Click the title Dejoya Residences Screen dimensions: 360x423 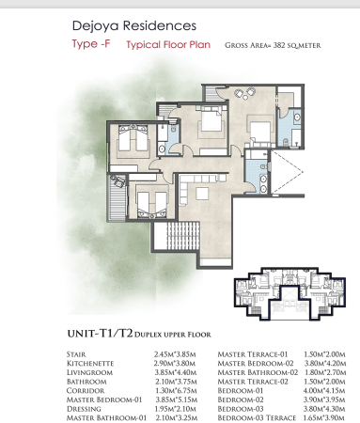click(134, 25)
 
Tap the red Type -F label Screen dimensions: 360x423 click(91, 44)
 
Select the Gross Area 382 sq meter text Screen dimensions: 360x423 click(273, 45)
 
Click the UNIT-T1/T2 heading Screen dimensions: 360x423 click(100, 334)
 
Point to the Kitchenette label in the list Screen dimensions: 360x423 click(90, 364)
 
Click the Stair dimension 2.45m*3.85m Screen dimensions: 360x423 click(175, 354)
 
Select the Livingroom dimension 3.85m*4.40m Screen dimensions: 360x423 click(176, 372)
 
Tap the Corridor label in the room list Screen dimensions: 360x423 click(86, 391)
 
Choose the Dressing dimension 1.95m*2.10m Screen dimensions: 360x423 click(176, 409)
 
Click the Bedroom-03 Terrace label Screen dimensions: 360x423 click(257, 418)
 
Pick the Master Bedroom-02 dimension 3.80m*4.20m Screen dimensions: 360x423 click(325, 364)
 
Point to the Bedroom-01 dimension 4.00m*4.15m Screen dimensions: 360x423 click(324, 391)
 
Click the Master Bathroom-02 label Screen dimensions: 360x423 click(258, 372)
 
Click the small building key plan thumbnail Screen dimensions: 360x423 click(290, 294)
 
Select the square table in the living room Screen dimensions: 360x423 click(202, 194)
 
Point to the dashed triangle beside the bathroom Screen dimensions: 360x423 click(287, 172)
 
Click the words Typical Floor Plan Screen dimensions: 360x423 click(168, 45)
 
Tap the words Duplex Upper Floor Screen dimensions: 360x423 click(173, 335)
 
